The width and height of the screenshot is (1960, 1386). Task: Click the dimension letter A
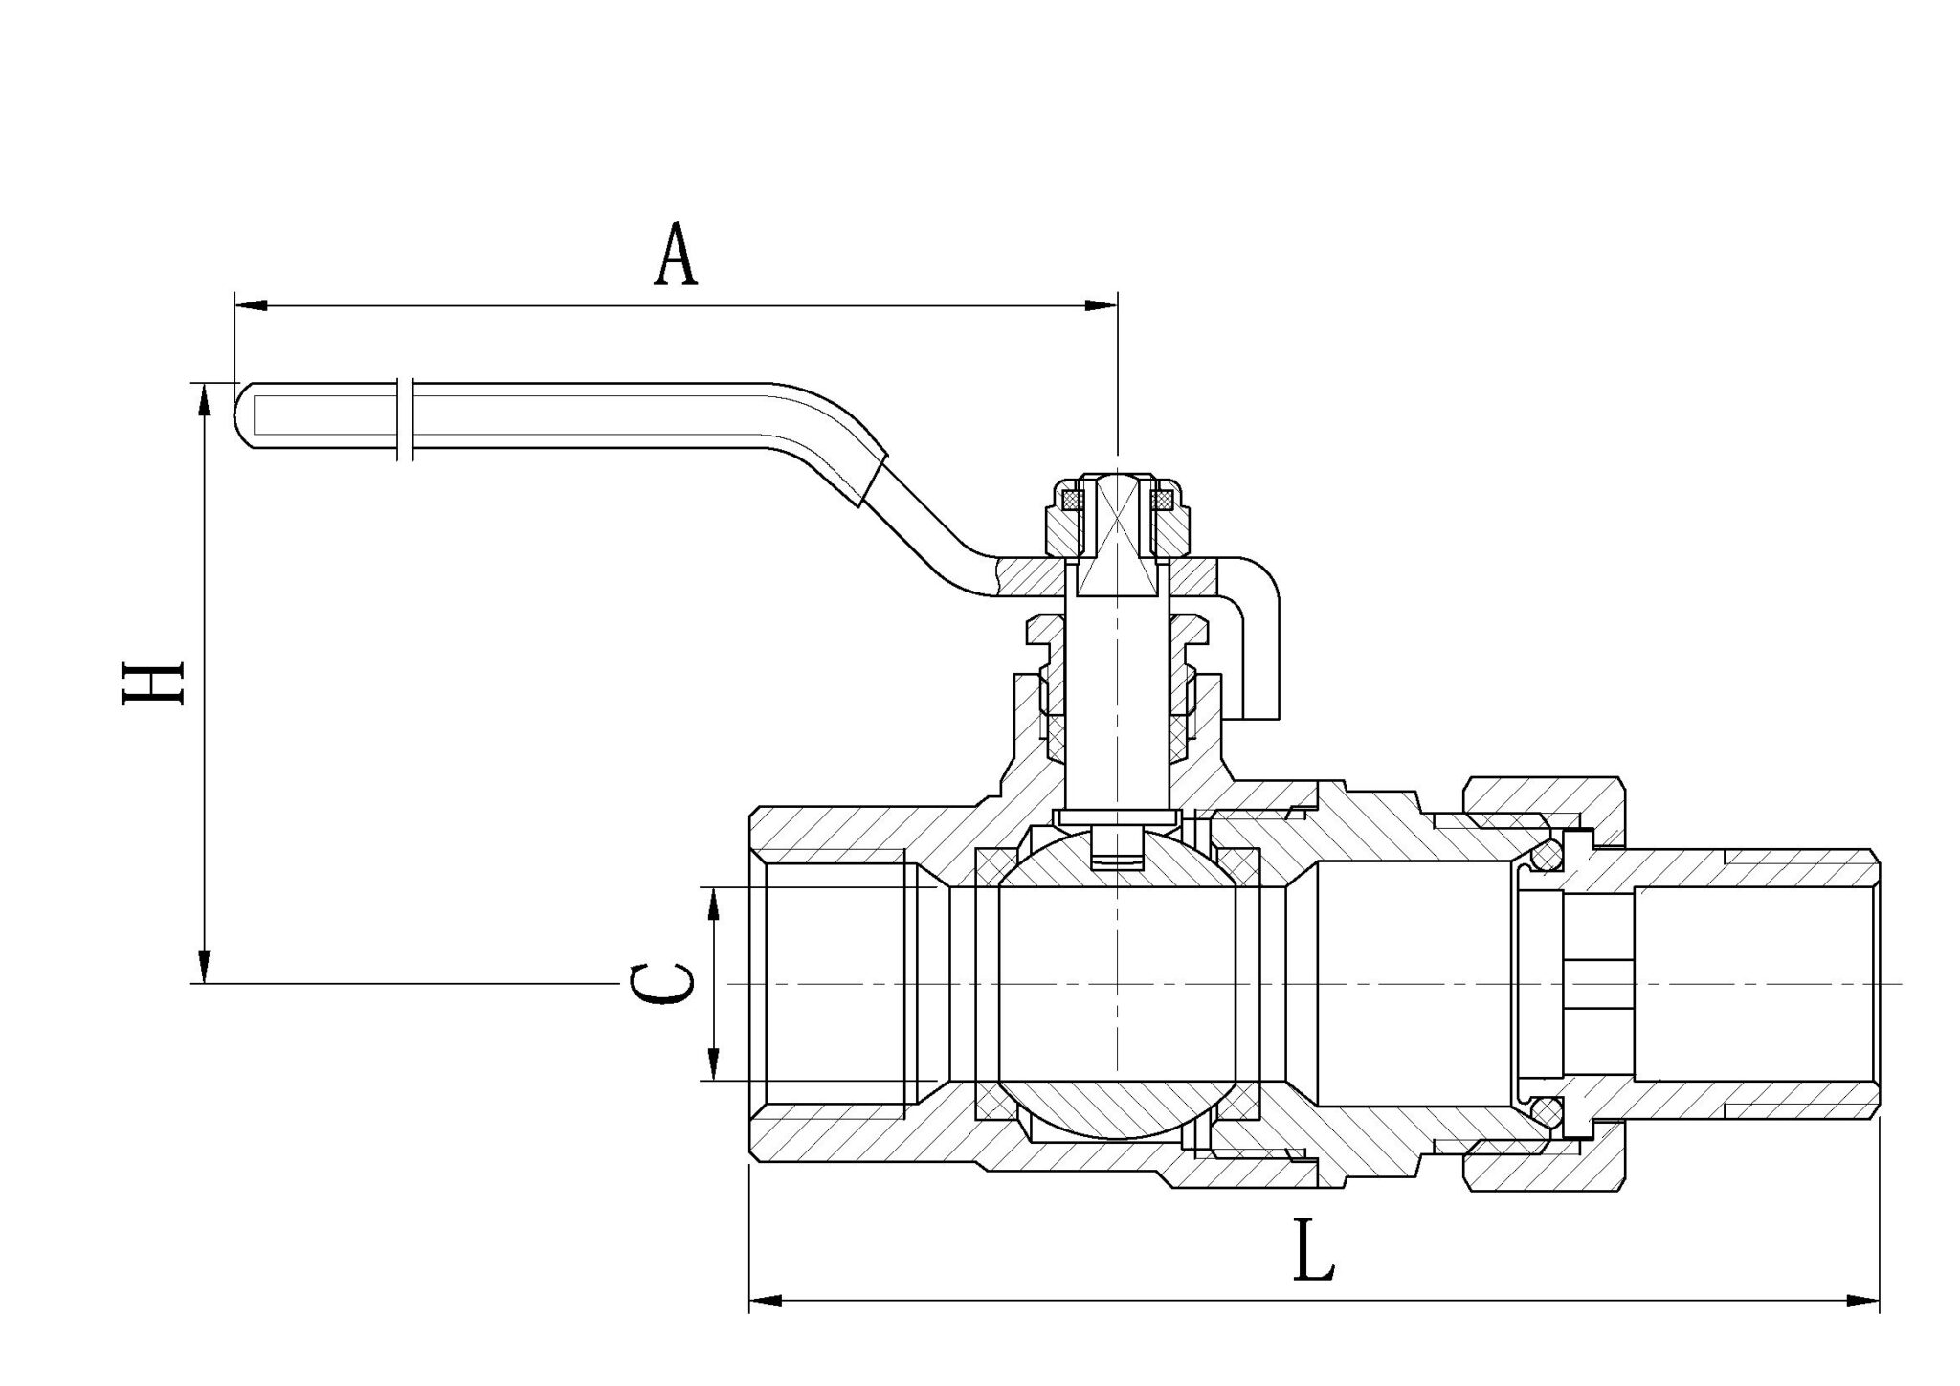[676, 255]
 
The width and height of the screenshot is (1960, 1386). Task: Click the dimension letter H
[153, 682]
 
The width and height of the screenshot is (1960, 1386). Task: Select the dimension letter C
[662, 984]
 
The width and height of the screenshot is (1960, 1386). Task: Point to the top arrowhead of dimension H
[203, 400]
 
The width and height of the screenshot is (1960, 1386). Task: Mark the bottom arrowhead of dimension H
[203, 967]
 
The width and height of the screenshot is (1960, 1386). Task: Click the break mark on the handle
[405, 417]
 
